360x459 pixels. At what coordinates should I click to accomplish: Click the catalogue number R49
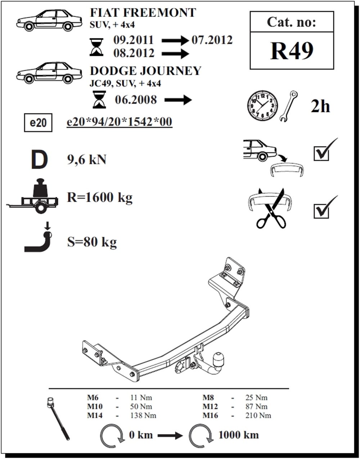click(292, 51)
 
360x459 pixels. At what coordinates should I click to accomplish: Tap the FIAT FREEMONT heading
click(143, 13)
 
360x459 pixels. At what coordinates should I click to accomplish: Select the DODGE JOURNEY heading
click(145, 71)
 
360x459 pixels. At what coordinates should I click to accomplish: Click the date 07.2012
click(212, 40)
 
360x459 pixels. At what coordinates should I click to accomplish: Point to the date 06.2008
click(136, 99)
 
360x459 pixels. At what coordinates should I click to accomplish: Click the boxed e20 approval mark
click(38, 123)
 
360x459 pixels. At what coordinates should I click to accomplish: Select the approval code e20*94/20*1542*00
click(120, 122)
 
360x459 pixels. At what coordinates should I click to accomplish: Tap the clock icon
click(262, 106)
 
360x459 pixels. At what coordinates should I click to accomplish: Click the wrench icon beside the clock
click(289, 106)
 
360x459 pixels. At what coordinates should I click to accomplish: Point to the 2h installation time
click(320, 107)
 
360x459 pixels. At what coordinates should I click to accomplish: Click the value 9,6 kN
click(86, 160)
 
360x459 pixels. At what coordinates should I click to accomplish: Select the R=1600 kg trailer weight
click(100, 198)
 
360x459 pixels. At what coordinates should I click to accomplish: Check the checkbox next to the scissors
click(321, 211)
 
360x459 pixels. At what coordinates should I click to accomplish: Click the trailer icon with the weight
click(33, 195)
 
